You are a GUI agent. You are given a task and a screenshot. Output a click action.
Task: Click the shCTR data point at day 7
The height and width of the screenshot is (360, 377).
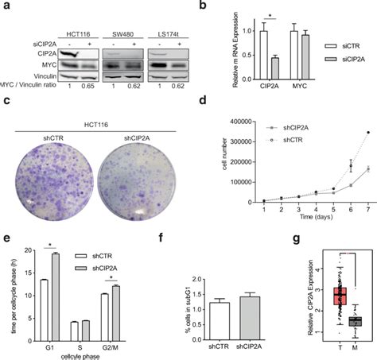pyautogui.click(x=367, y=132)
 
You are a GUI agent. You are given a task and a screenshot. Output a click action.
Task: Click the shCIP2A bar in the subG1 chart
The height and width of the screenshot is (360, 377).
pyautogui.click(x=228, y=308)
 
